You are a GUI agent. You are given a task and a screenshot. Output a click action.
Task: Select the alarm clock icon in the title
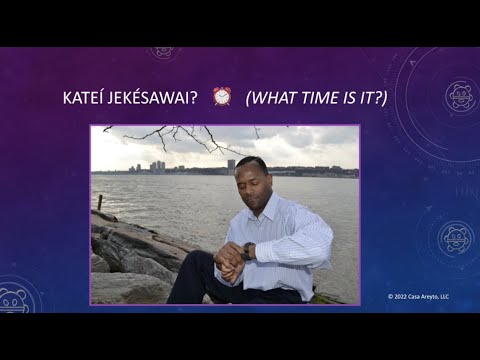click(222, 96)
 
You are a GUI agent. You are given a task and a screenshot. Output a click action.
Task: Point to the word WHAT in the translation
click(272, 97)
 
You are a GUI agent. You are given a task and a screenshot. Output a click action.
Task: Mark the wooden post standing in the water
click(99, 202)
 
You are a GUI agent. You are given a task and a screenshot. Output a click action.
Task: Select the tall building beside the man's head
click(231, 165)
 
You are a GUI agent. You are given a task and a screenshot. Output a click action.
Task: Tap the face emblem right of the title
click(460, 95)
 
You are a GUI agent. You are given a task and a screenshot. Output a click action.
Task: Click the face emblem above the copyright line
click(455, 237)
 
